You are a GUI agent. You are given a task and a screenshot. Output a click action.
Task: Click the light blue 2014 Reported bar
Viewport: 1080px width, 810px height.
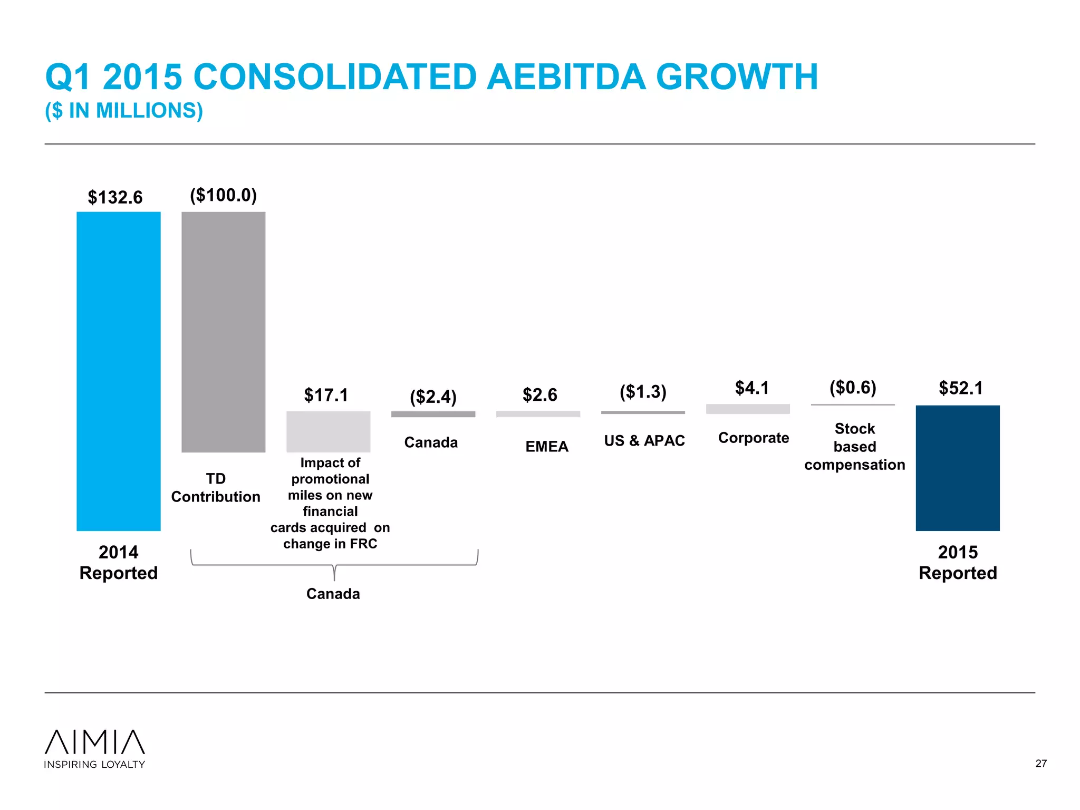coord(119,371)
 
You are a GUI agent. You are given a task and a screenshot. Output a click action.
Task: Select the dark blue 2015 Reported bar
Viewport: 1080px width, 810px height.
coord(958,468)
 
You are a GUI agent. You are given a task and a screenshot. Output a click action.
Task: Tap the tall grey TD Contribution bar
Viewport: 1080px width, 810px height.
coord(224,332)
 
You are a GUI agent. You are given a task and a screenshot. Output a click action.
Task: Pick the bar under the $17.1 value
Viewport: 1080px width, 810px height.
coord(328,431)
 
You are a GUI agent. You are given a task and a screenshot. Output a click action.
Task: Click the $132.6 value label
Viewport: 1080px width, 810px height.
coord(115,197)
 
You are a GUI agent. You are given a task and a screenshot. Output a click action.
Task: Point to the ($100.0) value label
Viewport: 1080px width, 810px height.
coord(224,195)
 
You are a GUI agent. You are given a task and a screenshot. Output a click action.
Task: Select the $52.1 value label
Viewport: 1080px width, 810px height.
coord(961,388)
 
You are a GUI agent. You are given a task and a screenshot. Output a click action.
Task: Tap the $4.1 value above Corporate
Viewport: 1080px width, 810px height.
coord(752,388)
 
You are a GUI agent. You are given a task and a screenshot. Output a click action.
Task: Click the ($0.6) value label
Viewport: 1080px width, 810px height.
coord(853,388)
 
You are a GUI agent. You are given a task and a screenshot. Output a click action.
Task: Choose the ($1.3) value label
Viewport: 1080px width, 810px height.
coord(643,392)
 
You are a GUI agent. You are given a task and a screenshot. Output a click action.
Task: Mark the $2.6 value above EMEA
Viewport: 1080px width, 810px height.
coord(539,395)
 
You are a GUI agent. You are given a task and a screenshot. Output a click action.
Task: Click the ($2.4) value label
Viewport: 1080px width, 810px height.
coord(433,397)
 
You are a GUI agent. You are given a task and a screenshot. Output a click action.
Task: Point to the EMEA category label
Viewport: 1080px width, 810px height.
coord(547,447)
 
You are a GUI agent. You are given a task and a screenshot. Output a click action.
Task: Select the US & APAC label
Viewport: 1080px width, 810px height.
coord(644,440)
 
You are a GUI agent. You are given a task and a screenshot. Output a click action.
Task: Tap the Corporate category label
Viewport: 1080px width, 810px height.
coord(754,438)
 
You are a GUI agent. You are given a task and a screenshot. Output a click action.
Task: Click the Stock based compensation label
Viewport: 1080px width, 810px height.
coord(854,446)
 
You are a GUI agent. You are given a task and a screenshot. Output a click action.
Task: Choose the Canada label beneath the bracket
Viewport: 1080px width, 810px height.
coord(333,594)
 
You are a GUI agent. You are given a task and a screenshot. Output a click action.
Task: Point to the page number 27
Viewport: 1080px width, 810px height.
coord(1041,764)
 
